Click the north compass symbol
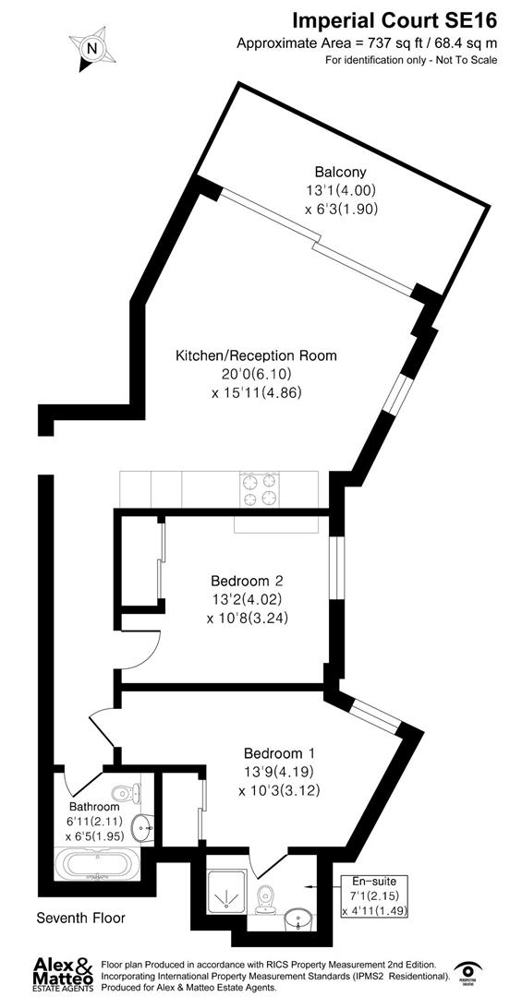[91, 48]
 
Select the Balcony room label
[341, 172]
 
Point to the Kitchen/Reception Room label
[256, 355]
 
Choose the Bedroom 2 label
[246, 582]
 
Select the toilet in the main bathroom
[126, 791]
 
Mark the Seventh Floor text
[80, 918]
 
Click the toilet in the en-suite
[265, 896]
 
